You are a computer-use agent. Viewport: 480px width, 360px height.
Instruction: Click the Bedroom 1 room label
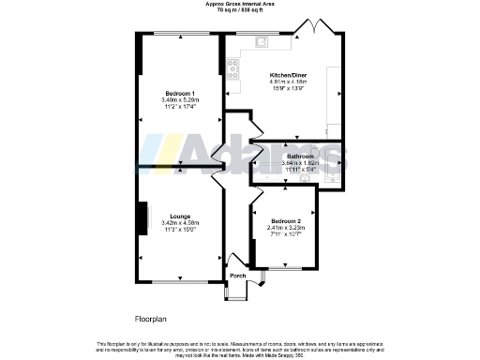click(180, 95)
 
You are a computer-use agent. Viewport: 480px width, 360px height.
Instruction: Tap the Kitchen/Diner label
click(288, 74)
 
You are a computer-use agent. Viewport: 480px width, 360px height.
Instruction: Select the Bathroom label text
click(300, 156)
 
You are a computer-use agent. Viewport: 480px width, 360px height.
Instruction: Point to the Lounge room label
click(180, 215)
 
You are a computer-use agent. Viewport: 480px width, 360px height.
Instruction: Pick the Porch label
click(237, 275)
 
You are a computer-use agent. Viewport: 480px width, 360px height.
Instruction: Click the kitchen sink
click(262, 41)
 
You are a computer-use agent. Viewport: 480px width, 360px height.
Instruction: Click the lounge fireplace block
click(143, 218)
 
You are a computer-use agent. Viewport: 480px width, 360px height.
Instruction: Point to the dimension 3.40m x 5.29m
click(180, 101)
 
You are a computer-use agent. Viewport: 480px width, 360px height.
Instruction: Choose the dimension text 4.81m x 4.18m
click(288, 82)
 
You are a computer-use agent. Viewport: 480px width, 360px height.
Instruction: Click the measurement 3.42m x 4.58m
click(180, 222)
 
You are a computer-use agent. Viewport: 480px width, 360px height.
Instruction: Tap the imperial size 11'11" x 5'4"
click(300, 169)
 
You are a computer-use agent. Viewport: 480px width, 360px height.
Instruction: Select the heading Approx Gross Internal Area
click(240, 4)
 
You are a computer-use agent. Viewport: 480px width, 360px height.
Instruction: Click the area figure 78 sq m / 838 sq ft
click(240, 9)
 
